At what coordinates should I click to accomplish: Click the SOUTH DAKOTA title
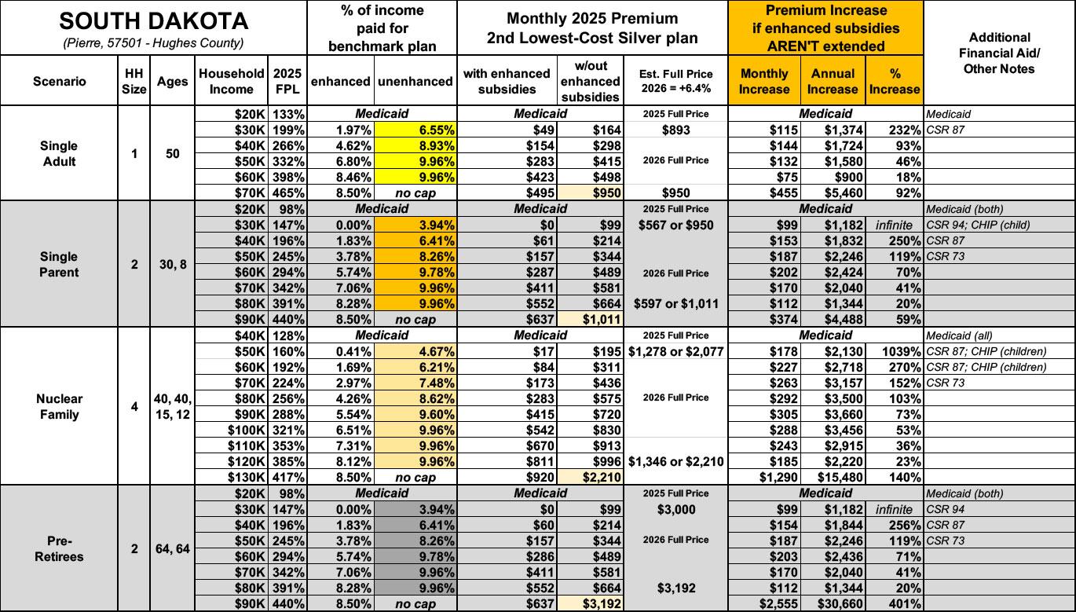[153, 20]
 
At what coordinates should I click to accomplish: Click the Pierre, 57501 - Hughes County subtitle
[153, 42]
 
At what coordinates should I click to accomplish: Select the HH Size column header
[134, 82]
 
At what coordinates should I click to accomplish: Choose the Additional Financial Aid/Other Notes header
[1000, 53]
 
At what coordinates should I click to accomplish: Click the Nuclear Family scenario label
[59, 406]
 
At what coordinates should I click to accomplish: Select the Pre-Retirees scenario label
[59, 548]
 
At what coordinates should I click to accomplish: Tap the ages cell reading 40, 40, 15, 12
[174, 406]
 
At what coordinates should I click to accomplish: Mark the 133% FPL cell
[288, 114]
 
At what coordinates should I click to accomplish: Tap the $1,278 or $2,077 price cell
[675, 351]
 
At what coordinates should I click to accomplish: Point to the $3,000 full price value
[675, 509]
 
